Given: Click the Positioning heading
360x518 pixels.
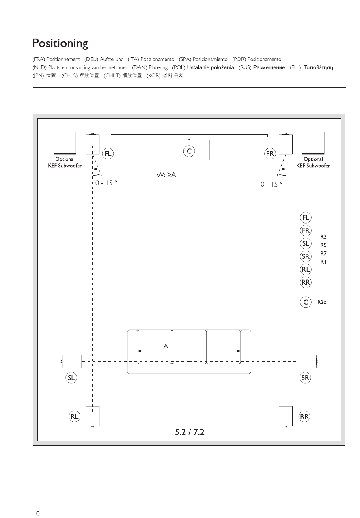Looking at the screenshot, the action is [60, 43].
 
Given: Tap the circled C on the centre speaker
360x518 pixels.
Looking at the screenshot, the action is [189, 151].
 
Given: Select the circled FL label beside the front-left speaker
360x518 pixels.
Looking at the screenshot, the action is [108, 154].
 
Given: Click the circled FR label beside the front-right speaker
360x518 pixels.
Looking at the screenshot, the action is [270, 154].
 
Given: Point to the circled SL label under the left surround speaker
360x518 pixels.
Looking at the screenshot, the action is [71, 378].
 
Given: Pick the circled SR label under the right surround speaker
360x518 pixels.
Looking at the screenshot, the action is [305, 378].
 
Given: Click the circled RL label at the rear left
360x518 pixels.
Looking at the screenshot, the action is [75, 417].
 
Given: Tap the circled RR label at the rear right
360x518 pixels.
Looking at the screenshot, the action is [304, 417].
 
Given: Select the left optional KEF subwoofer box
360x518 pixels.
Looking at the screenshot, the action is [65, 143].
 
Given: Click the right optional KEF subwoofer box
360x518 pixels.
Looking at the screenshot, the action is [313, 143].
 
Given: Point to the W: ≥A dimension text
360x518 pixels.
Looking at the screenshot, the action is [166, 175].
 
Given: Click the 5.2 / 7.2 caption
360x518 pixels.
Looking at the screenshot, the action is [190, 432].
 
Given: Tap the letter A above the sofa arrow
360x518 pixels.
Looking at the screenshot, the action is [166, 346].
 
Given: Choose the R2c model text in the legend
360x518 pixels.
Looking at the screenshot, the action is [321, 302].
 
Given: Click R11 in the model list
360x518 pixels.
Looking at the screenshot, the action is [324, 262].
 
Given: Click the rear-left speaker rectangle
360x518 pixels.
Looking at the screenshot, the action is [93, 416].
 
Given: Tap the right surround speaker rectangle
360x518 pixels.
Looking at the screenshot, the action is [306, 361].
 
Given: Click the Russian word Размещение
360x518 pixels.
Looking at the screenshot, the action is [269, 67].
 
